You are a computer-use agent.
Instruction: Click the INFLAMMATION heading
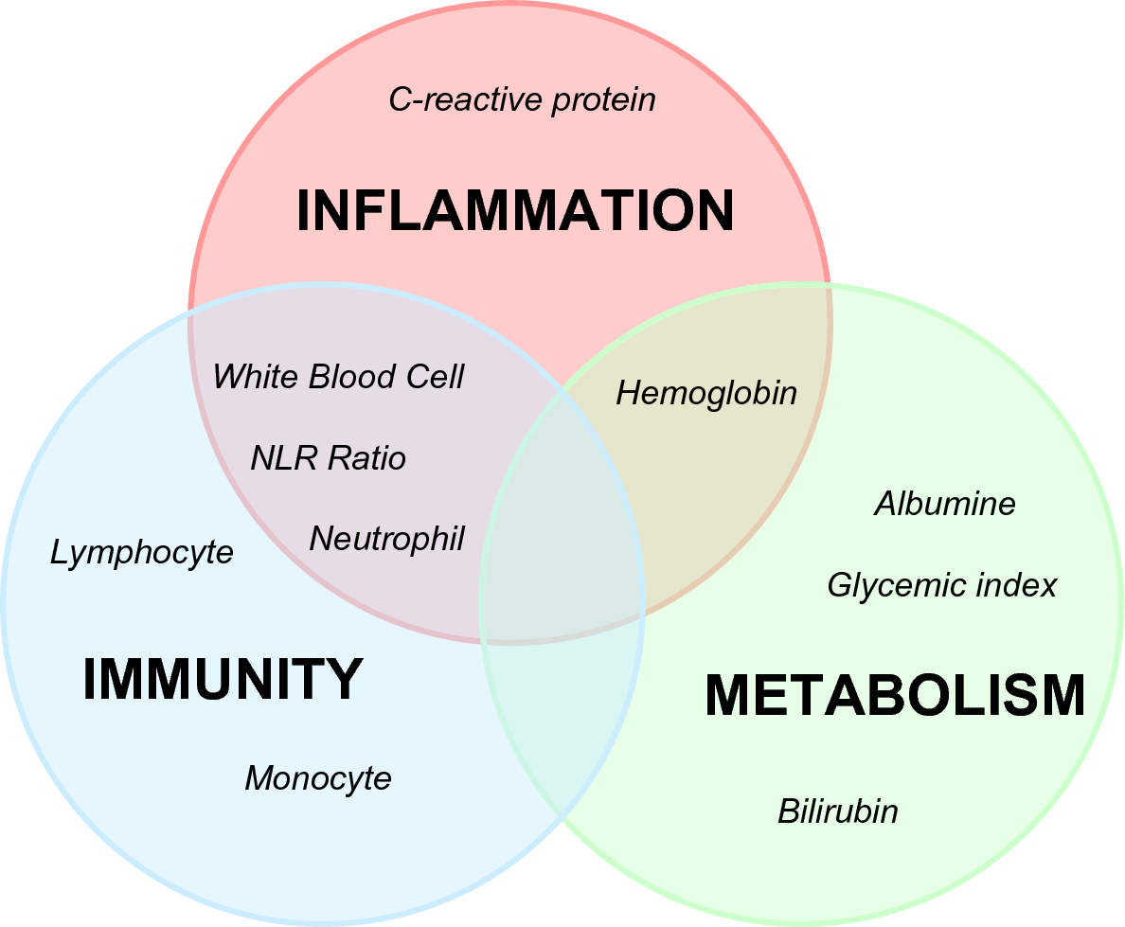515,211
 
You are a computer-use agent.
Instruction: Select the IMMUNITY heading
223,679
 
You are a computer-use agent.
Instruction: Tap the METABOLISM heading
895,696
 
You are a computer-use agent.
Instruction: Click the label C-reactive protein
522,99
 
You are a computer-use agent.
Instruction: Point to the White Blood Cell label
338,377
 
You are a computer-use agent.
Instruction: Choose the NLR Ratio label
328,458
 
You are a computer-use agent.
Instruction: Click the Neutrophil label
386,539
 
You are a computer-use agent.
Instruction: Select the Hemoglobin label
706,393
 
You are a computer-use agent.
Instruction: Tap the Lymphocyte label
141,552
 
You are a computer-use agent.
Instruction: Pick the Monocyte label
317,778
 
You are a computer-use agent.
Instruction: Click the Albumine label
944,504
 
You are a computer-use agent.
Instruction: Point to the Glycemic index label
941,585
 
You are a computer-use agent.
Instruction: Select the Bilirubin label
837,811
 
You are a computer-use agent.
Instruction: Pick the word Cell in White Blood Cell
436,377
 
